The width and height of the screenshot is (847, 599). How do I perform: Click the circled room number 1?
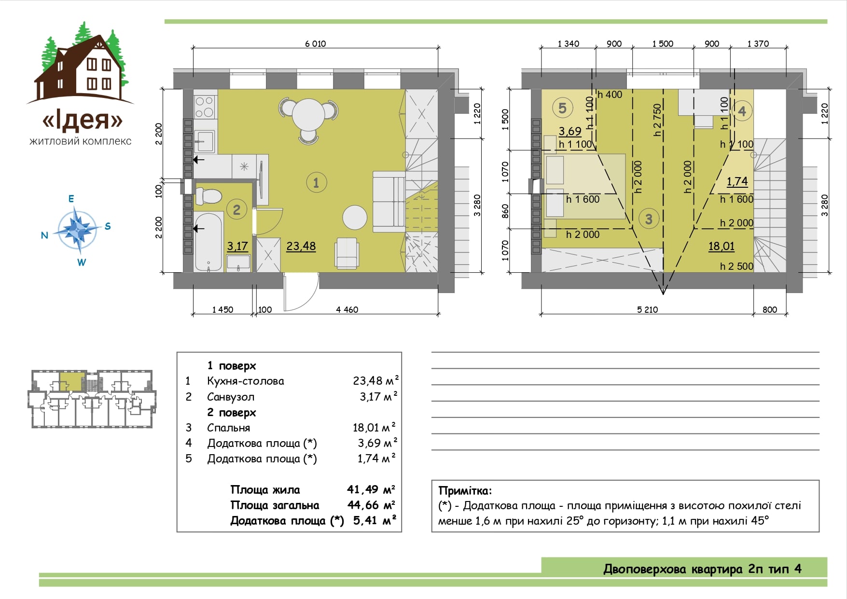point(316,182)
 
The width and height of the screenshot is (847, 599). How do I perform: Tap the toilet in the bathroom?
point(208,196)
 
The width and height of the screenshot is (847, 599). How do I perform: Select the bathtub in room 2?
point(208,242)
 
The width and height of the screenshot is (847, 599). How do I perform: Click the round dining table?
point(308,114)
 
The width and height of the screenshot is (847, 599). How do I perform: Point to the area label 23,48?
point(301,246)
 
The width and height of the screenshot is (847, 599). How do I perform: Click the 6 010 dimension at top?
point(315,44)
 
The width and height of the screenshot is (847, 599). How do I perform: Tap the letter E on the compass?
point(71,199)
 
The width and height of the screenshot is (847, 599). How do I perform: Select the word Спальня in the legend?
point(228,428)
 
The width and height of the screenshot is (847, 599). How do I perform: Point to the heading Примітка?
point(465,491)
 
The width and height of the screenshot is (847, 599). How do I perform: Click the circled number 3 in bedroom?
point(649,219)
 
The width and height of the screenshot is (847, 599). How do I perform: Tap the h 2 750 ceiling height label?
point(657,120)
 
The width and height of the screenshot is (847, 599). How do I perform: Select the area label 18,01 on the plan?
point(721,246)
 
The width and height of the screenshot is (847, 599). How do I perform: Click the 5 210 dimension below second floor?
point(647,310)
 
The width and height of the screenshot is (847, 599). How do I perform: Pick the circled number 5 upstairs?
point(562,108)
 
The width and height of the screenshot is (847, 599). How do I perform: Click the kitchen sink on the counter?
point(205,141)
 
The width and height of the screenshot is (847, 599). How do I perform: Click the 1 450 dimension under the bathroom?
point(222,310)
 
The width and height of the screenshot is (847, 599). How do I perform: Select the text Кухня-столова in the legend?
point(245,381)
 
